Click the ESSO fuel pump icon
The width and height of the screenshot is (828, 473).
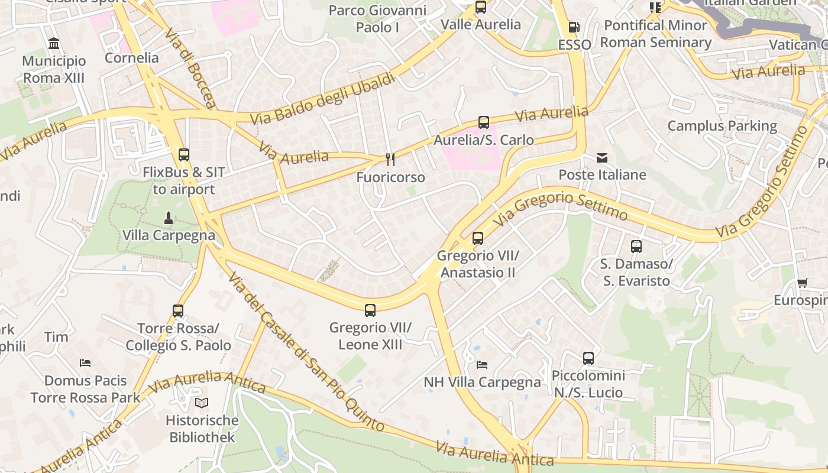click(x=573, y=27)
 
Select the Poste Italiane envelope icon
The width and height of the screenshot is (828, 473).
click(x=602, y=158)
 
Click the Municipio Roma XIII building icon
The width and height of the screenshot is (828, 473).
click(x=54, y=43)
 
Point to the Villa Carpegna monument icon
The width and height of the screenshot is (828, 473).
click(x=169, y=218)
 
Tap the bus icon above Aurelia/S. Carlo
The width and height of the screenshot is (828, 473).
click(x=483, y=122)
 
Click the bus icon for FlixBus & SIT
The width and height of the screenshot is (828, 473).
click(x=184, y=155)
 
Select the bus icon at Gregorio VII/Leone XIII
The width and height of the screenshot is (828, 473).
click(x=370, y=310)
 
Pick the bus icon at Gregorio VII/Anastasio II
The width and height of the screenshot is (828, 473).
click(x=477, y=238)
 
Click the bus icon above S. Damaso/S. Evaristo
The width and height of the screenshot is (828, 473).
click(x=636, y=247)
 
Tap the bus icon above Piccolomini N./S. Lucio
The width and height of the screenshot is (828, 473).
click(x=588, y=358)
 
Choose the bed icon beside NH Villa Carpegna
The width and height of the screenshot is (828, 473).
click(x=482, y=365)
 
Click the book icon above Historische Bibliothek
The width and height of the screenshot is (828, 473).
click(x=202, y=403)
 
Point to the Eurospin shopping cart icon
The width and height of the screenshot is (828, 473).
click(x=802, y=283)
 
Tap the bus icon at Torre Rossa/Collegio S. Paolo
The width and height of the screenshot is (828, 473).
click(x=178, y=310)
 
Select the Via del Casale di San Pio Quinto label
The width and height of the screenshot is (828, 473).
click(x=306, y=352)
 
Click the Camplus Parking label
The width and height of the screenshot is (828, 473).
click(x=722, y=126)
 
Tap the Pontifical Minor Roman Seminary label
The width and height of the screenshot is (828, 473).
click(x=655, y=34)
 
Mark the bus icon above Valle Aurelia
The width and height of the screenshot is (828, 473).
click(x=481, y=7)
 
